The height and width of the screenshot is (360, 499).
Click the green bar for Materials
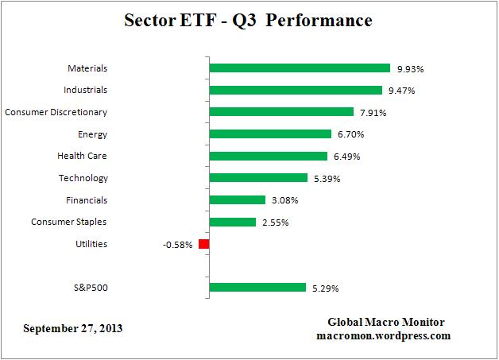point(300,68)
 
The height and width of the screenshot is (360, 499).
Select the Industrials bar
point(295,91)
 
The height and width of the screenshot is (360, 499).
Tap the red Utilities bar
point(203,244)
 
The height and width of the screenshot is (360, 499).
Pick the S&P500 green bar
point(257,288)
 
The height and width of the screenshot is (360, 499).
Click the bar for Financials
point(237,200)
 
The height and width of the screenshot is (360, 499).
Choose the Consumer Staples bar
point(232,222)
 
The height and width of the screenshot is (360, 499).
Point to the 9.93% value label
point(409,68)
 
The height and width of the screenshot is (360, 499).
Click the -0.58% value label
point(177,245)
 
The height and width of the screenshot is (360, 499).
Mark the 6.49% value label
point(345,157)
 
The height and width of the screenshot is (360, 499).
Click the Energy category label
point(93,134)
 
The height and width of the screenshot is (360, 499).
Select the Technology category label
point(83,178)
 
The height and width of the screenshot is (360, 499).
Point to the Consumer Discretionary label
point(56,112)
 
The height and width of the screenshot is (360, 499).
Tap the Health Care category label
point(82,157)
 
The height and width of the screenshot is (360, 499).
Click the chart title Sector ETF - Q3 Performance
point(249,21)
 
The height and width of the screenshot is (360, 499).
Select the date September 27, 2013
point(73,328)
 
